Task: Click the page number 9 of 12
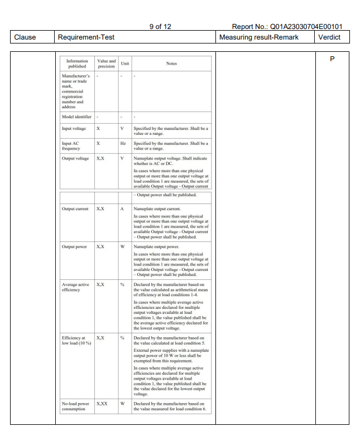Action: (160, 26)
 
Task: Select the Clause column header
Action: (25, 37)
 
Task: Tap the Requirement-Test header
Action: (86, 37)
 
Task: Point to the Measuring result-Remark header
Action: (259, 37)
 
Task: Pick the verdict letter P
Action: (332, 59)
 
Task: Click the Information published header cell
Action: (77, 63)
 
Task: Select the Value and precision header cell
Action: (106, 63)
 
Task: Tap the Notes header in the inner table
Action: (171, 64)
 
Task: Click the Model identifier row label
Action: (76, 117)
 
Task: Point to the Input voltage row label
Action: (74, 128)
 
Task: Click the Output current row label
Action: (75, 209)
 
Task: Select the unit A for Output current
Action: (122, 209)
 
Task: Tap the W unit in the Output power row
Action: (122, 246)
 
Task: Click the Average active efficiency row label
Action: (75, 287)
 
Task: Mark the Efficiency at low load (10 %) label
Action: (76, 340)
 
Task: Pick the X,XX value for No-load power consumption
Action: (102, 404)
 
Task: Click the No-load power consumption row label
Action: (75, 406)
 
